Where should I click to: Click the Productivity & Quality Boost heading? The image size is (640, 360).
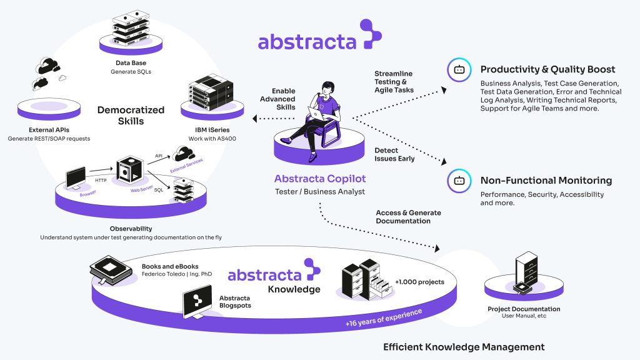click(x=547, y=69)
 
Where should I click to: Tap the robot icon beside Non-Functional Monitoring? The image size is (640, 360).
click(x=459, y=181)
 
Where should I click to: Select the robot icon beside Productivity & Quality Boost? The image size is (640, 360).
click(x=459, y=70)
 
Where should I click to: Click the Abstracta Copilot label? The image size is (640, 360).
click(x=320, y=179)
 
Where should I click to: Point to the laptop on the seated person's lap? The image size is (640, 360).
click(x=316, y=114)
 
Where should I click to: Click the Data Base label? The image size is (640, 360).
click(x=131, y=63)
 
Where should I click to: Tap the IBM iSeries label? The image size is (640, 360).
click(x=212, y=130)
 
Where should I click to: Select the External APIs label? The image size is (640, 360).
click(x=49, y=130)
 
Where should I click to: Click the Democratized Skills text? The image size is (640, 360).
click(x=131, y=116)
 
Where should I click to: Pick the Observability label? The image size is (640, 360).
click(x=131, y=229)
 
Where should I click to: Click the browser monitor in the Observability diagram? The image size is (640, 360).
click(x=76, y=178)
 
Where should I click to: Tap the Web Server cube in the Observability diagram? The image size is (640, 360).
click(x=130, y=169)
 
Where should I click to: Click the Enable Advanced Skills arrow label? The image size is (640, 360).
click(x=277, y=99)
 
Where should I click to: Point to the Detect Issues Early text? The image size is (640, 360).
click(x=394, y=154)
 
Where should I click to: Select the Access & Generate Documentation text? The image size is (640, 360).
click(x=408, y=217)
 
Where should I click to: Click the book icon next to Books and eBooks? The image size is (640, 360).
click(x=111, y=270)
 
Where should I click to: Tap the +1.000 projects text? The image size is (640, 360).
click(x=419, y=282)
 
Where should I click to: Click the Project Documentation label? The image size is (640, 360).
click(x=524, y=309)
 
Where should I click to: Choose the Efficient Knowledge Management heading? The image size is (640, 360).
click(x=464, y=347)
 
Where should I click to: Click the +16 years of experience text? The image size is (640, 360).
click(x=384, y=318)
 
